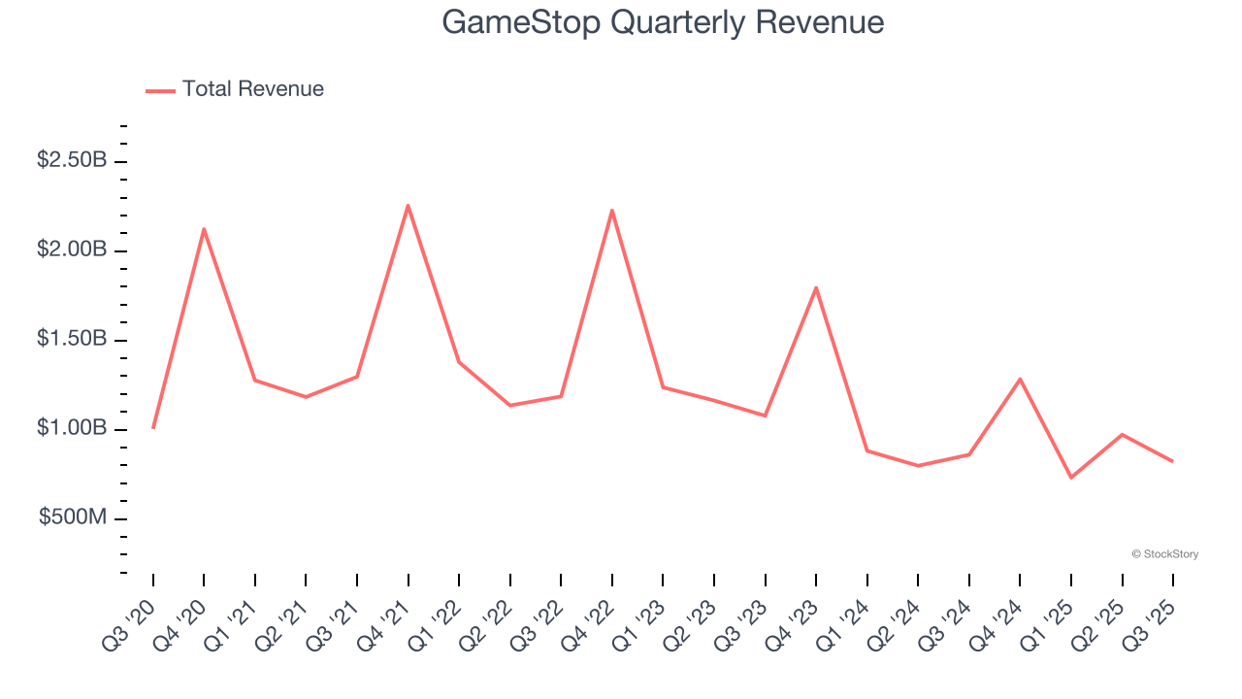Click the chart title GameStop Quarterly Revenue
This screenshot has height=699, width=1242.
tap(663, 22)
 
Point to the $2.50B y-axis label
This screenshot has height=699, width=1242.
tap(72, 160)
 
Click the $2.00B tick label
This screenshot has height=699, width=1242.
tap(72, 250)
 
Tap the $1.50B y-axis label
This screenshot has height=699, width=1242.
tap(72, 339)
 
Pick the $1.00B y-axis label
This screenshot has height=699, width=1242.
tap(72, 428)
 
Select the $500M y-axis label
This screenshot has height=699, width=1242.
tap(73, 517)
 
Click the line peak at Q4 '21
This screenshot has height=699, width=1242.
tap(408, 205)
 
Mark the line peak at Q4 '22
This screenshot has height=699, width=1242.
tap(612, 211)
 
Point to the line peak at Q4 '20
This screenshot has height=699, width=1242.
tap(204, 229)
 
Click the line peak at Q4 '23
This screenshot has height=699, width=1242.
tap(816, 287)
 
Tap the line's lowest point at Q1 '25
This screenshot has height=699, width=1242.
tap(1071, 478)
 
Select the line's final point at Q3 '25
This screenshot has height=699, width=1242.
tap(1173, 461)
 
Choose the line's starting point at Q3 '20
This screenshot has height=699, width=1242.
tap(153, 428)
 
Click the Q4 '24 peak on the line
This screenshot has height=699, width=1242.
tap(1020, 379)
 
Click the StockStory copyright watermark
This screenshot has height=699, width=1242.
tap(1164, 554)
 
